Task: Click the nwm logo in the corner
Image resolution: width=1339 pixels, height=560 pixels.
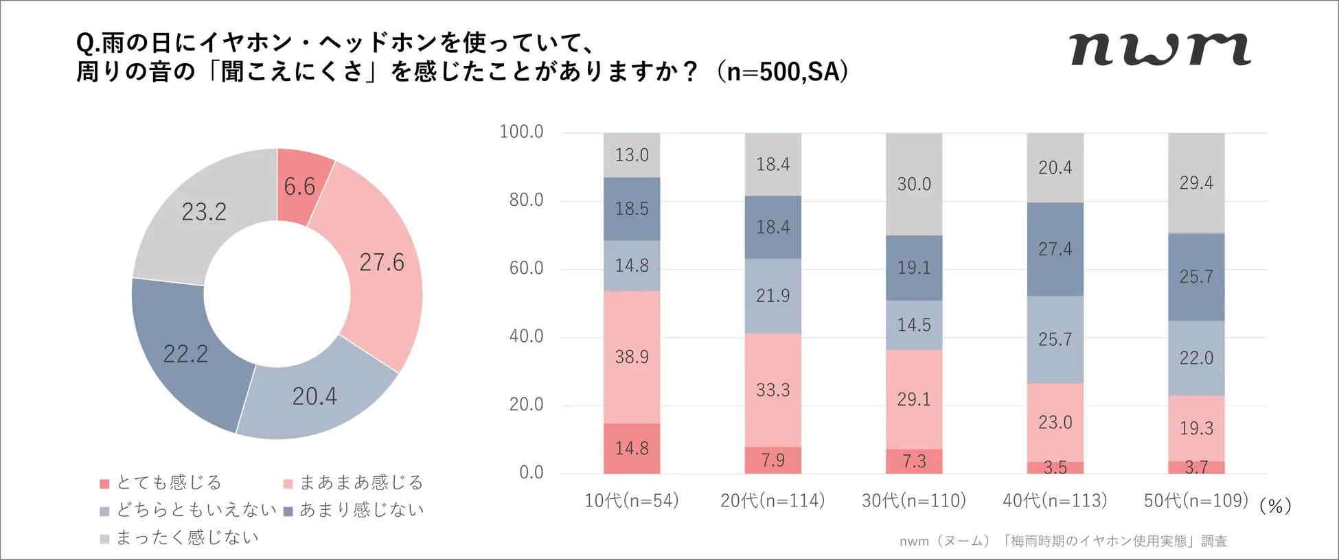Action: (x=1160, y=49)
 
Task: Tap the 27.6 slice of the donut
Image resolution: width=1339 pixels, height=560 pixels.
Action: (x=382, y=262)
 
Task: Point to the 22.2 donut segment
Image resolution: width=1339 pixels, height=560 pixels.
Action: (x=185, y=353)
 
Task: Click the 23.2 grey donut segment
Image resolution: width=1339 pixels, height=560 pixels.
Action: (x=204, y=211)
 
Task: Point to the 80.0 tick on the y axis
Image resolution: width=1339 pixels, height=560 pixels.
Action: (x=526, y=200)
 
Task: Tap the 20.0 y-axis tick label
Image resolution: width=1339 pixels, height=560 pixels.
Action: (x=526, y=405)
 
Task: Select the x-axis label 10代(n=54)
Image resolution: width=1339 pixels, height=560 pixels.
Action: (x=631, y=501)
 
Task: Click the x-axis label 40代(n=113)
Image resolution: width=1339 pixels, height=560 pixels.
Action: (x=1055, y=501)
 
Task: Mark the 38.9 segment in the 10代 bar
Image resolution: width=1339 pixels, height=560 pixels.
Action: (x=632, y=357)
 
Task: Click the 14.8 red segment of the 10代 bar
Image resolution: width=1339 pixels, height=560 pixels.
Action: (x=632, y=449)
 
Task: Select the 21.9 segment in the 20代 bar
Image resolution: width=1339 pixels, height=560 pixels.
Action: (x=773, y=296)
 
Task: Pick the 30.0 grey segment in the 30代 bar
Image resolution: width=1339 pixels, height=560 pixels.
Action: (x=914, y=184)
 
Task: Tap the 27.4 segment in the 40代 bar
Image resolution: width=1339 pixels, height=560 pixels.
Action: (x=1055, y=249)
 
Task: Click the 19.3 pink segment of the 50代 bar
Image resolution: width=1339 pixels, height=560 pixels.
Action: (x=1196, y=428)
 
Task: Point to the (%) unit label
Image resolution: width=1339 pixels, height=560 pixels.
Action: (x=1275, y=506)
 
